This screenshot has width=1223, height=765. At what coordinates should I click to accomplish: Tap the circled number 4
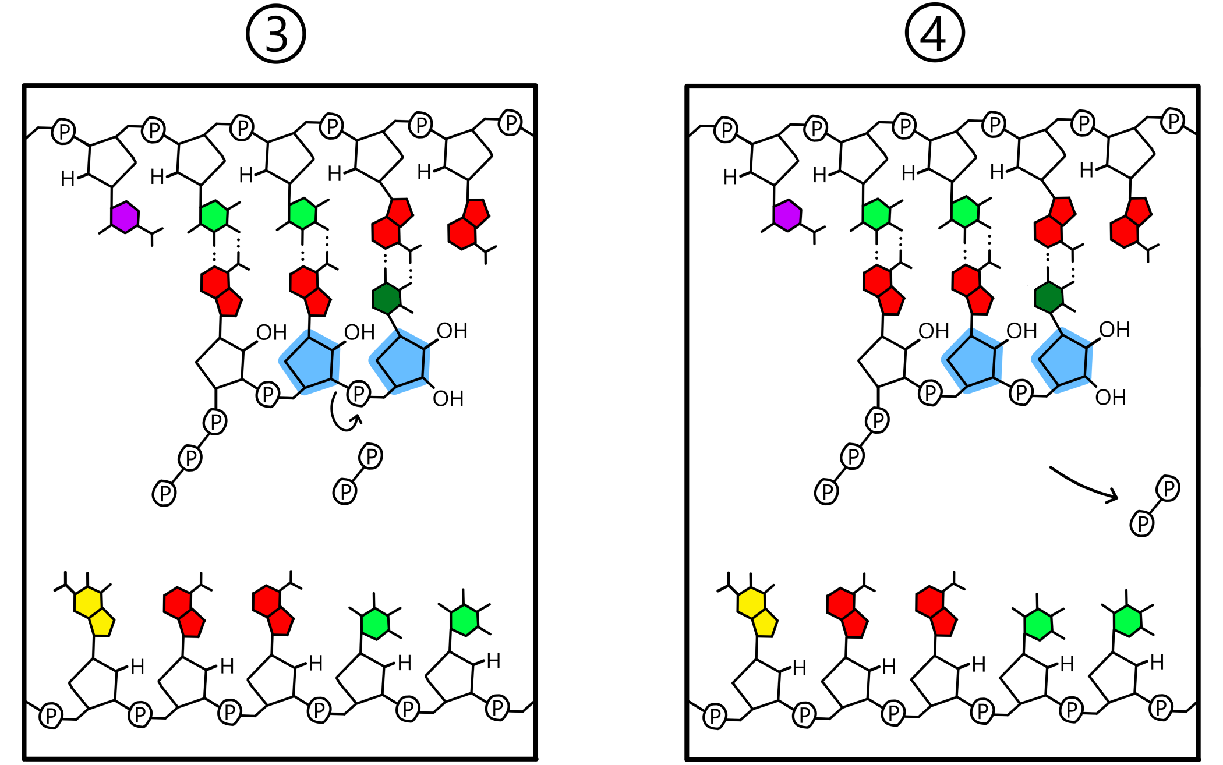(934, 34)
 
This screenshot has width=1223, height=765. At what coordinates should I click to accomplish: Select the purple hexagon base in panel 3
(125, 217)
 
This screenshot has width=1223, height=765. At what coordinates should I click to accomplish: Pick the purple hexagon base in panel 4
(787, 215)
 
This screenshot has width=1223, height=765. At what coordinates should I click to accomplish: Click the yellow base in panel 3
(94, 611)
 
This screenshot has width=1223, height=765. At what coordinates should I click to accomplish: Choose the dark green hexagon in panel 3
(387, 298)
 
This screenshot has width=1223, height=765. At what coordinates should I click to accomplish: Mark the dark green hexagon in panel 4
(1049, 297)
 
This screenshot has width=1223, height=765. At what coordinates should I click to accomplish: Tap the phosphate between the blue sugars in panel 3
(359, 394)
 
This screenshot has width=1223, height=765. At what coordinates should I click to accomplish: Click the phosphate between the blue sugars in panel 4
(1021, 392)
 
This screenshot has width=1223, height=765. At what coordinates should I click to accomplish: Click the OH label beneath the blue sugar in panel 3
(448, 399)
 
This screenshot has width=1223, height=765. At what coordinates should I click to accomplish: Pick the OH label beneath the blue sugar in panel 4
(1111, 398)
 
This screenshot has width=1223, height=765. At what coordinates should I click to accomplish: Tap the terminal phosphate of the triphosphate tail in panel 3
(164, 494)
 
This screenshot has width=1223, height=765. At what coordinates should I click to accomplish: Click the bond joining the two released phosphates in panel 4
(1155, 507)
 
